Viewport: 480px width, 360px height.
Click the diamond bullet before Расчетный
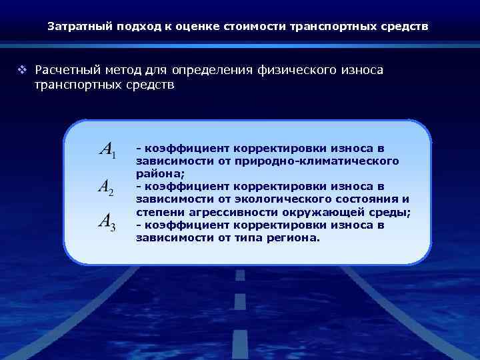click(21, 70)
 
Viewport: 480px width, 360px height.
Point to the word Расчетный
click(65, 70)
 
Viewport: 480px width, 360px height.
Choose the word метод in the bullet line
click(124, 70)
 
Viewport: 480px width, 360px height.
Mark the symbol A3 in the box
click(107, 221)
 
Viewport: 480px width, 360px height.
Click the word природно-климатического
click(337, 161)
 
